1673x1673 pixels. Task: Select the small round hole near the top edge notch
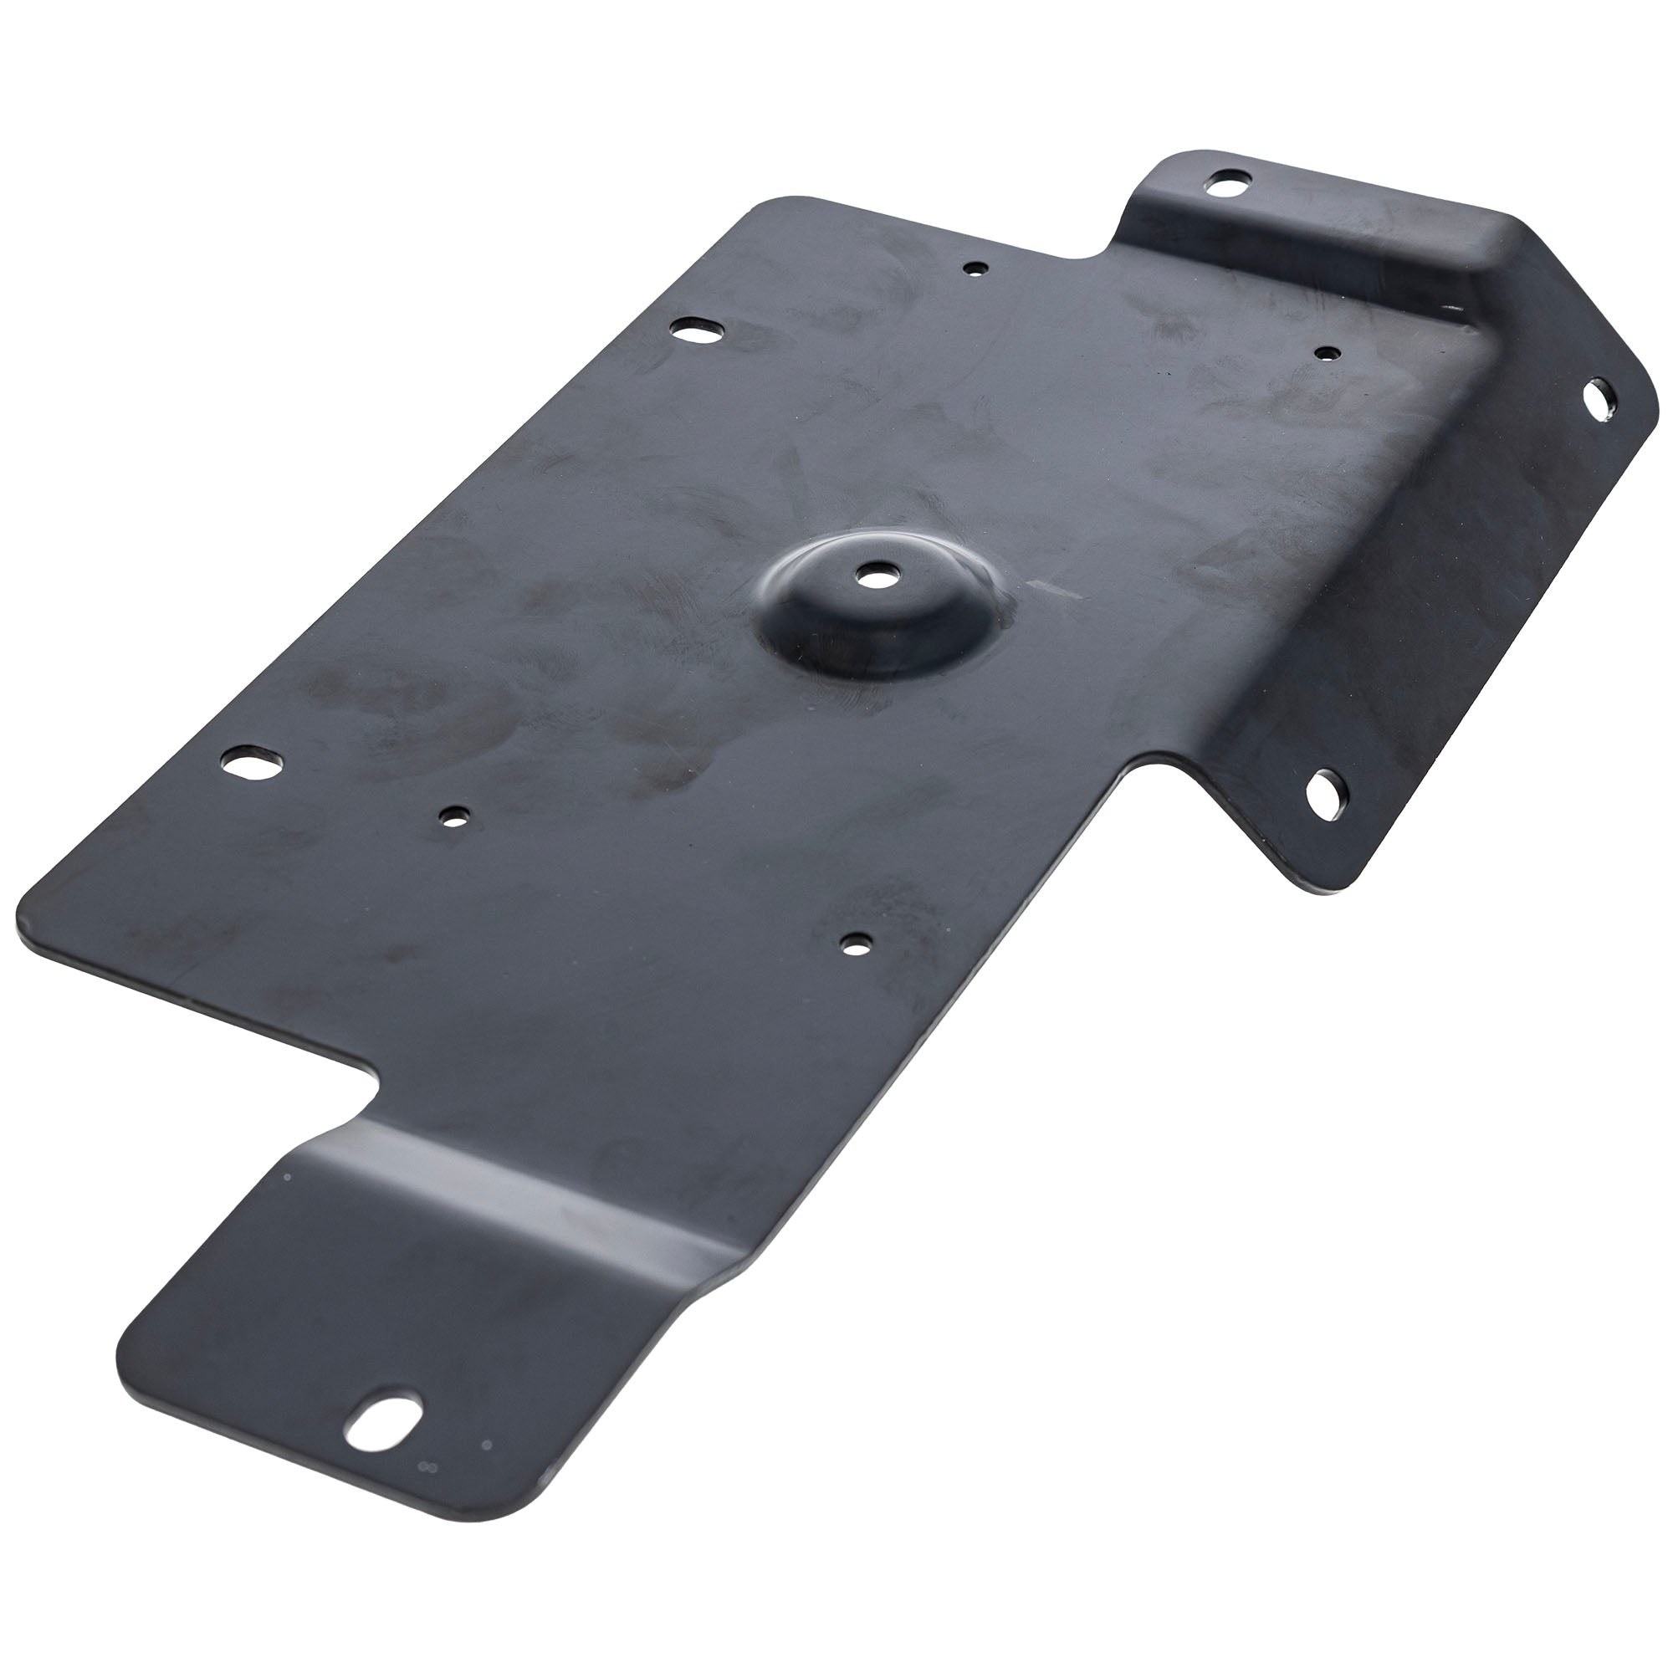coord(976,269)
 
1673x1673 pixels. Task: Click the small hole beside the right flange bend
coord(1327,353)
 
